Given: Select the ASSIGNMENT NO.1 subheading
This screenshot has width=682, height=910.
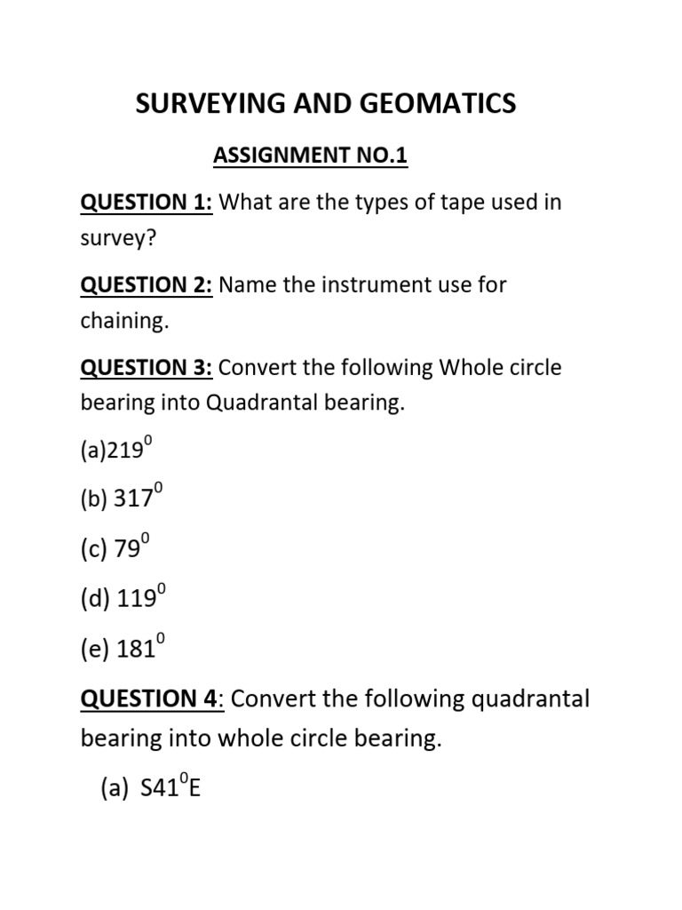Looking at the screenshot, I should (x=309, y=156).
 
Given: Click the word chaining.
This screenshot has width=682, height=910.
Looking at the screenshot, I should (x=124, y=322).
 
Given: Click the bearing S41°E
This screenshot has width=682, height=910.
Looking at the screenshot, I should (x=170, y=787).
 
